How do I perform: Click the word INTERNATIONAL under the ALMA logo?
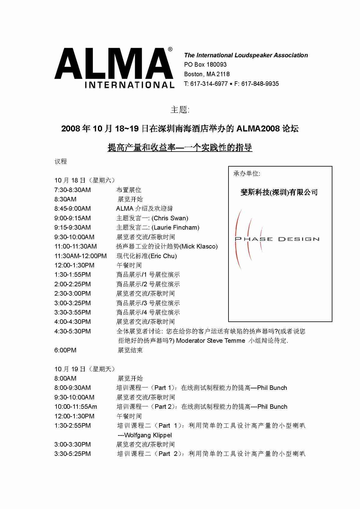point(129,84)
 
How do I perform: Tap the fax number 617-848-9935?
point(260,84)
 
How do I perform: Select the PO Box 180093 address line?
point(205,65)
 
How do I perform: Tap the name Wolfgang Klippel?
point(148,435)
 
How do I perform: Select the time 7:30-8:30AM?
point(72,190)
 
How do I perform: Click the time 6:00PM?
point(65,350)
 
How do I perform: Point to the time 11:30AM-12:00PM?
point(80,256)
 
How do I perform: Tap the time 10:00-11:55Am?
point(76,407)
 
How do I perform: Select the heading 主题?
point(180,110)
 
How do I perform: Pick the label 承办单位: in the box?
point(247,173)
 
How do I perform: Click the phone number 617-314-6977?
point(209,84)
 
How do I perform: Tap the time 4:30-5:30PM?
point(72,331)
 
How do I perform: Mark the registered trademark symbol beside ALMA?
point(170,50)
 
